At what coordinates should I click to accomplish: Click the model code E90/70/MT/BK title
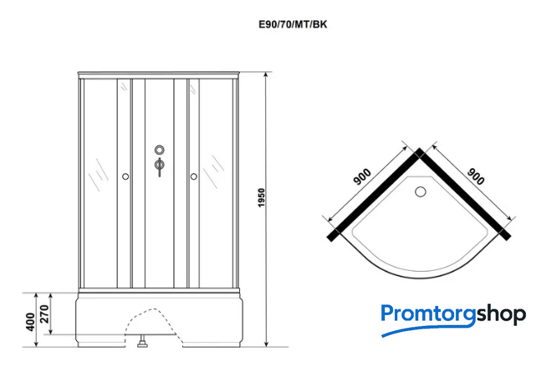[x=293, y=24]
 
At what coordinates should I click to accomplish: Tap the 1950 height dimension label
[x=262, y=198]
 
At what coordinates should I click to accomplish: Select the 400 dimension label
[x=30, y=322]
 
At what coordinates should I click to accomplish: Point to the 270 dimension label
[x=45, y=314]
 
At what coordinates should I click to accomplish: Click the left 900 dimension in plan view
[x=362, y=176]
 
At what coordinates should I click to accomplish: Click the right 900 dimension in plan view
[x=476, y=176]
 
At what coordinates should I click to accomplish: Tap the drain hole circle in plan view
[x=421, y=191]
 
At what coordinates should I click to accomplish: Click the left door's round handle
[x=125, y=176]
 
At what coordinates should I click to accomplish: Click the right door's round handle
[x=194, y=176]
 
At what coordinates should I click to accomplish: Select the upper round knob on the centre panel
[x=160, y=150]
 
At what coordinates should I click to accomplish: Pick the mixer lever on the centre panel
[x=160, y=166]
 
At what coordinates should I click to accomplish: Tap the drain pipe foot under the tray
[x=142, y=341]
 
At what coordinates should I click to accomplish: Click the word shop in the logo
[x=501, y=315]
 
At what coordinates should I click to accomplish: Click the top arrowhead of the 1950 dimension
[x=266, y=74]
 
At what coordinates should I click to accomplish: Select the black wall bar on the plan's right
[x=465, y=195]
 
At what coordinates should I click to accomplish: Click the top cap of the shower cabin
[x=159, y=74]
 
